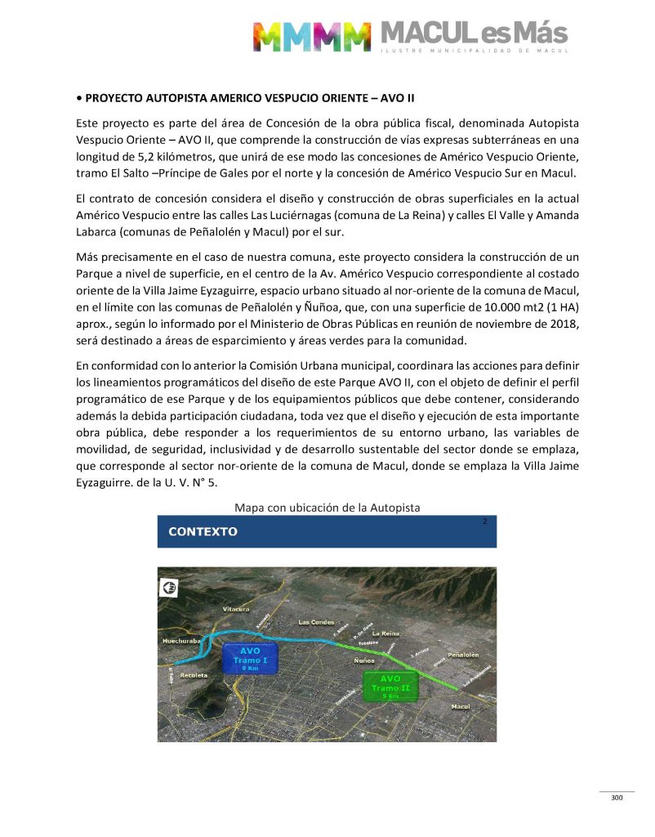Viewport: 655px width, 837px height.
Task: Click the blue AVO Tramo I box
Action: [x=250, y=658]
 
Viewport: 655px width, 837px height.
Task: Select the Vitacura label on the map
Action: [x=235, y=610]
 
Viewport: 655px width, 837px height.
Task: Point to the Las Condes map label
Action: [x=316, y=622]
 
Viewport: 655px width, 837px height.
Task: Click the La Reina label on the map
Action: [x=385, y=633]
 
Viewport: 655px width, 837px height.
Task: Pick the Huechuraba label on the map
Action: [x=181, y=642]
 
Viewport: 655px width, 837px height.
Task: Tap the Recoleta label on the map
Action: [x=193, y=675]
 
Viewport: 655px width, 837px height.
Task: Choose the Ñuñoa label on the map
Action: [x=365, y=660]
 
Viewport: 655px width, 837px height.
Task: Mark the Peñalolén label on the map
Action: [x=462, y=655]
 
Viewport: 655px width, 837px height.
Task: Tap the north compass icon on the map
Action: [x=170, y=586]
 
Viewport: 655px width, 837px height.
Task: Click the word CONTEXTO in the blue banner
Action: [x=203, y=531]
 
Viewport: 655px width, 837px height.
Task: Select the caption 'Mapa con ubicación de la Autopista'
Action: [x=327, y=508]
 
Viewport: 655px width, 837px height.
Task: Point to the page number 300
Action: [x=617, y=798]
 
